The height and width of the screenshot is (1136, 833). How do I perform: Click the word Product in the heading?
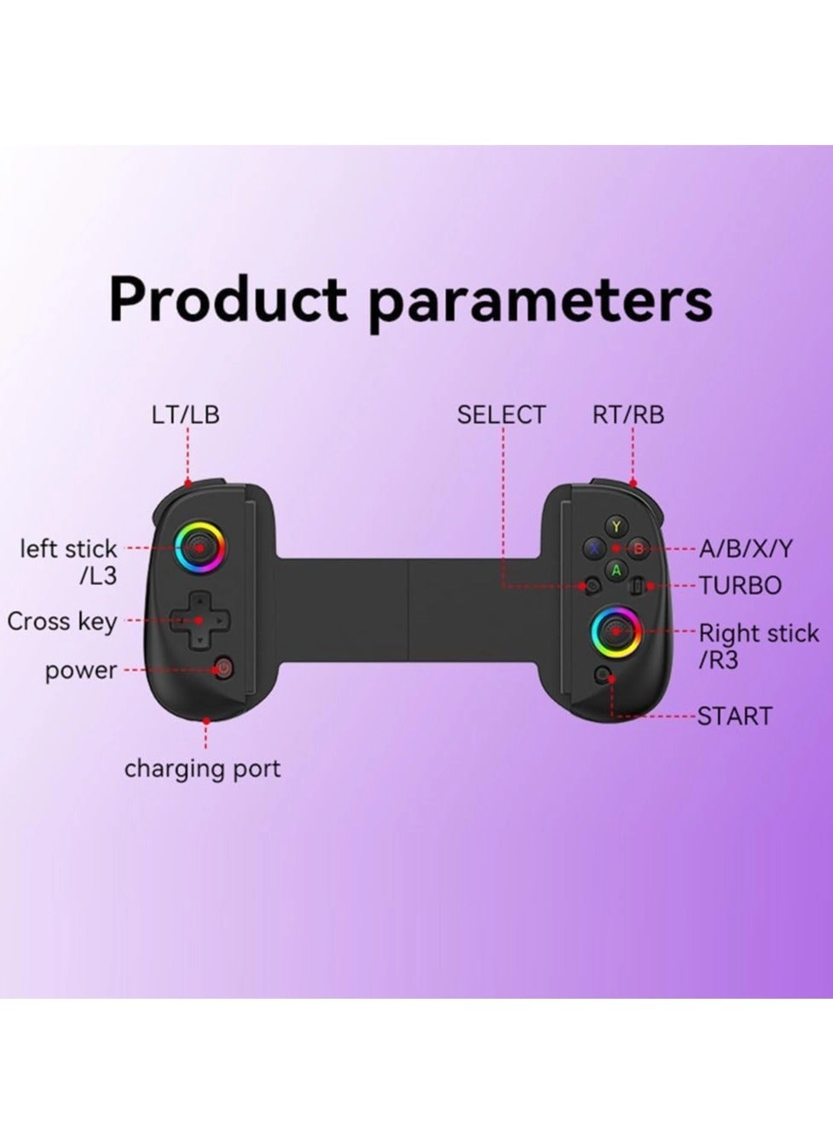pyautogui.click(x=228, y=300)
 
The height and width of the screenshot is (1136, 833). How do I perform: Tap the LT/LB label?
pyautogui.click(x=185, y=414)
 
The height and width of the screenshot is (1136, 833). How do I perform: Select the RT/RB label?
pyautogui.click(x=628, y=414)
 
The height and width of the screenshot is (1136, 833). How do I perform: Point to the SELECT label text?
pyautogui.click(x=500, y=414)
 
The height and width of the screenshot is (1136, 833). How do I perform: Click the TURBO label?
pyautogui.click(x=740, y=586)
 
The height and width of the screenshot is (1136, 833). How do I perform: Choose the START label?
pyautogui.click(x=734, y=716)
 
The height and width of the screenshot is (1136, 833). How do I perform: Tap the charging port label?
pyautogui.click(x=202, y=768)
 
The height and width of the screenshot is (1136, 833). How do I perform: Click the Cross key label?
pyautogui.click(x=62, y=622)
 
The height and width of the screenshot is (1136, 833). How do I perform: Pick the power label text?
pyautogui.click(x=81, y=670)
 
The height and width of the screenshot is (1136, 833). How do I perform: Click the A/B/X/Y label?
pyautogui.click(x=745, y=549)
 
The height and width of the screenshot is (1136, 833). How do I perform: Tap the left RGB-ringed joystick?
pyautogui.click(x=200, y=546)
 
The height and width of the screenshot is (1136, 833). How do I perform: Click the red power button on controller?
pyautogui.click(x=223, y=668)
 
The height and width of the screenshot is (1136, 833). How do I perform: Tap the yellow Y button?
pyautogui.click(x=616, y=526)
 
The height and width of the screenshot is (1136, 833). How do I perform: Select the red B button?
pyautogui.click(x=639, y=548)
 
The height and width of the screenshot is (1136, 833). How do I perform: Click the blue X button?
pyautogui.click(x=593, y=548)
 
